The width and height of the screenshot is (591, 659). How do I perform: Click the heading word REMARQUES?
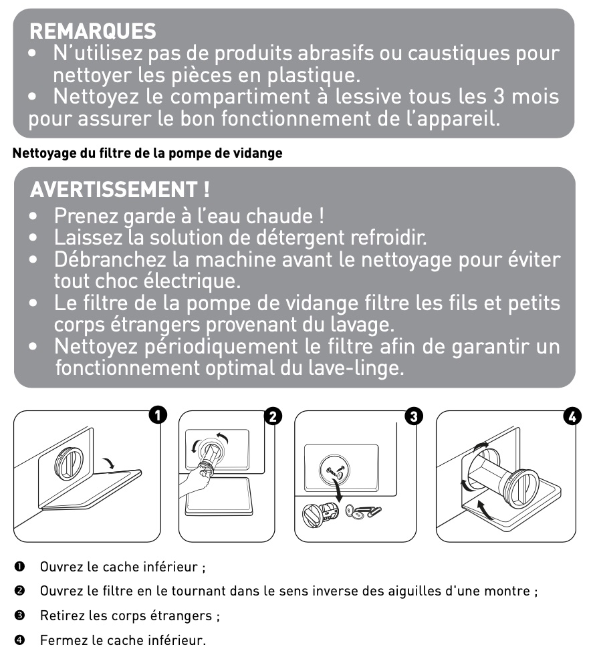click(92, 31)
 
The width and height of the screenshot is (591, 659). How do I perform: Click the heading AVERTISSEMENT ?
click(120, 190)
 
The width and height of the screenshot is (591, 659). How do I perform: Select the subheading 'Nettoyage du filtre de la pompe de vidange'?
click(148, 153)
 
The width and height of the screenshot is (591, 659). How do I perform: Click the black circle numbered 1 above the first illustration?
click(158, 415)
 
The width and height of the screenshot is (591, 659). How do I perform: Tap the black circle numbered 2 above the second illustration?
click(273, 416)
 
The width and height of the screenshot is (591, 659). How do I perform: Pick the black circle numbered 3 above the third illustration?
click(414, 416)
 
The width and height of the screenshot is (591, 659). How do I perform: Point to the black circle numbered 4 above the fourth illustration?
click(572, 416)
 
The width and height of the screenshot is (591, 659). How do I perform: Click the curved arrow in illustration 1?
click(109, 463)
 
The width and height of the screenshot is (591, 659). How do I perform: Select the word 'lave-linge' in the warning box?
click(356, 368)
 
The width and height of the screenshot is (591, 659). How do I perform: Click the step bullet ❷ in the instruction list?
click(19, 591)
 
